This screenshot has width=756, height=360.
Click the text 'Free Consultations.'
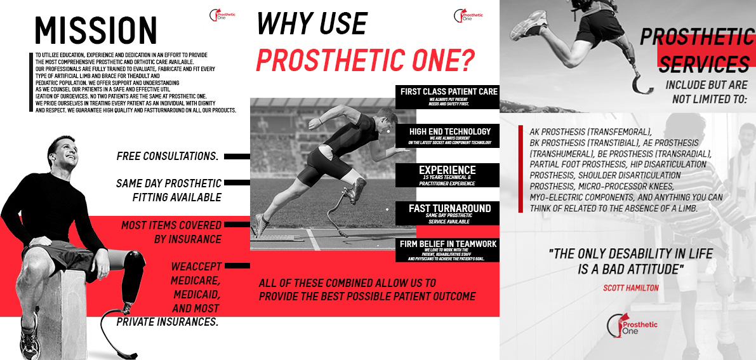pos(168,156)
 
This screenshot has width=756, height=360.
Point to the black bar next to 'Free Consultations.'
pos(237,156)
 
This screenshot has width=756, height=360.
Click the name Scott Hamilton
pos(630,288)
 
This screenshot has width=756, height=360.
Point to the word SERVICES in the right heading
pos(702,64)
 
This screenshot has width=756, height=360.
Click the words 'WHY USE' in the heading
pos(312,24)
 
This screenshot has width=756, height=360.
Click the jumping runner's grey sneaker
pos(529,23)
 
